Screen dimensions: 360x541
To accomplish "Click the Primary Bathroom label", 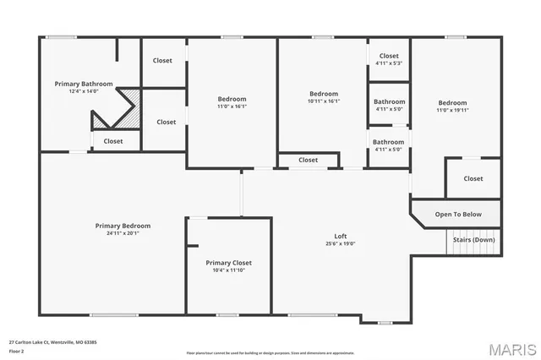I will [x=79, y=84].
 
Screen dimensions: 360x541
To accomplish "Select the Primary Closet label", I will [x=228, y=263].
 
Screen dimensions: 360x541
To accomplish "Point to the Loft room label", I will [x=341, y=236].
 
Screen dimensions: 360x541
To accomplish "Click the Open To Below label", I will [x=458, y=214].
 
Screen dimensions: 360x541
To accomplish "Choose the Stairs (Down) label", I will [x=473, y=239].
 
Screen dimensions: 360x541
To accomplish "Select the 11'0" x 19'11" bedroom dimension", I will [x=451, y=111].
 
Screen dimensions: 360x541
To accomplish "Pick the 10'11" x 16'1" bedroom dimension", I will [x=324, y=101].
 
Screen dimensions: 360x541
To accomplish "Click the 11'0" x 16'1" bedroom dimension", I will [x=231, y=106].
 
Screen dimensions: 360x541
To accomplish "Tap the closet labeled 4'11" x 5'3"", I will [x=389, y=63].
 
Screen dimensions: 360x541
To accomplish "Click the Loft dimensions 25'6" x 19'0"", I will [x=341, y=243].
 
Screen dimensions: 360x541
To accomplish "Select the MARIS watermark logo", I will [x=511, y=348].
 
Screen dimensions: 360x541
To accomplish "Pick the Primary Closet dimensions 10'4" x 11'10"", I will [x=228, y=270].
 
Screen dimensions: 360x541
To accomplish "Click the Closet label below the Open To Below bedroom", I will [x=473, y=178].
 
